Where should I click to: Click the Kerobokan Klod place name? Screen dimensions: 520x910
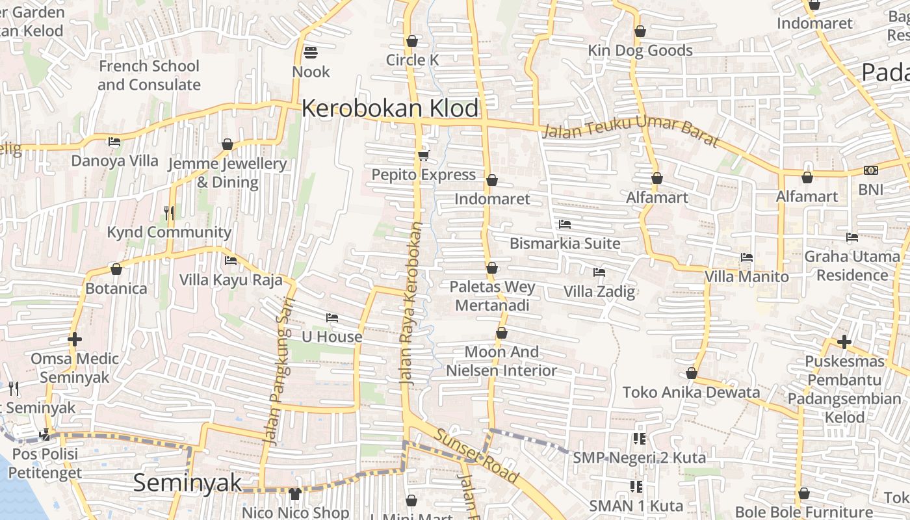pos(390,109)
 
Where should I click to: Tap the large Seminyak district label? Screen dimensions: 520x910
pos(187,483)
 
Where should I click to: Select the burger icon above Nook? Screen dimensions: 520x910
pos(311,52)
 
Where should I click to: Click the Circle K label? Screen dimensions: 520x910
pos(412,60)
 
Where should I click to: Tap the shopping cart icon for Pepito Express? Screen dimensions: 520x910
pos(424,155)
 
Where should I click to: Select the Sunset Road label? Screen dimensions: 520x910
pos(477,456)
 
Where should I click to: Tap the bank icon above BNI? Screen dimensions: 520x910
pos(871,170)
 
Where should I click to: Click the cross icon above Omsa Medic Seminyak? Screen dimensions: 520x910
pos(75,339)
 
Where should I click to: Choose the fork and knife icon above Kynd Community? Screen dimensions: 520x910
pos(169,213)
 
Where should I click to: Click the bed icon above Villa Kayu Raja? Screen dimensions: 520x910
pos(231,261)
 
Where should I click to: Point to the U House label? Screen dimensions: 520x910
pos(331,337)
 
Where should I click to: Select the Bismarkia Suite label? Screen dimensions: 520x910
pos(564,244)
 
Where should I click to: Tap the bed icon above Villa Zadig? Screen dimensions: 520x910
pos(599,272)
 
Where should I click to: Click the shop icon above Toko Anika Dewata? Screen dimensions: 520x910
pos(692,374)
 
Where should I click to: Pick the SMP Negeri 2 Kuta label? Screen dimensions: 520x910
pos(638,458)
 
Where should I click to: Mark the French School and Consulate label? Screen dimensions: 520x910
pos(149,75)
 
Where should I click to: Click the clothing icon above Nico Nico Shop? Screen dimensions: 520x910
pos(295,494)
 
